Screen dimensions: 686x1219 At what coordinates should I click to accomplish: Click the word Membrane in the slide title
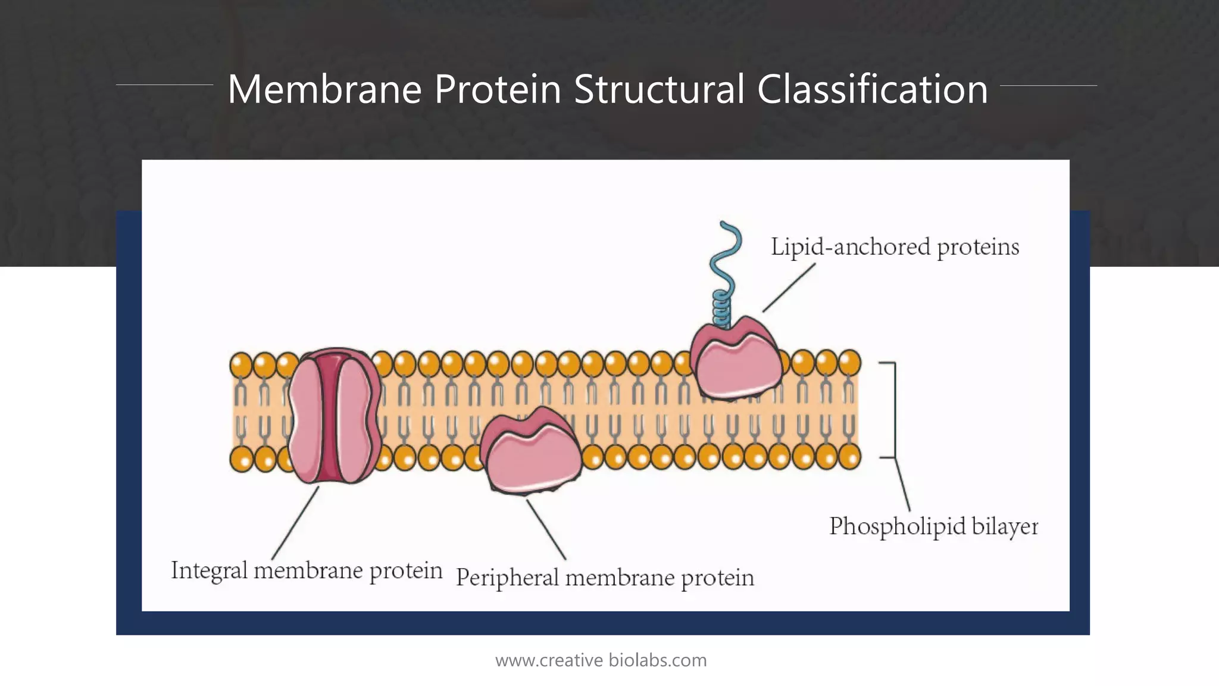click(324, 89)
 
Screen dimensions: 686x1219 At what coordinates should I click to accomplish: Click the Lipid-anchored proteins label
click(895, 247)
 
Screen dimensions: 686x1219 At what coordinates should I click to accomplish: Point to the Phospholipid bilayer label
click(933, 526)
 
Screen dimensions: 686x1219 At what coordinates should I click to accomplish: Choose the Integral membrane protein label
click(307, 570)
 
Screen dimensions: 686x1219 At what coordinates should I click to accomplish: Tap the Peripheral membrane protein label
click(605, 578)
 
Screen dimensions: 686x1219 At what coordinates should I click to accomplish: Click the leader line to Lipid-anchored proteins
click(789, 288)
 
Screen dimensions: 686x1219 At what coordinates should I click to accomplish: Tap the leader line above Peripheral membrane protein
click(546, 529)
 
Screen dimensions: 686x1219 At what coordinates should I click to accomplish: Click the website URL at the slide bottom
click(601, 660)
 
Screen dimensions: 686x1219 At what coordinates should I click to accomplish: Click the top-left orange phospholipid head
click(241, 364)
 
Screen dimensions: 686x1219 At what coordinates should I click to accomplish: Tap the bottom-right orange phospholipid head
click(849, 457)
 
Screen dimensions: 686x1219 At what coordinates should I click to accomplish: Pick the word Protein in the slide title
click(498, 89)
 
